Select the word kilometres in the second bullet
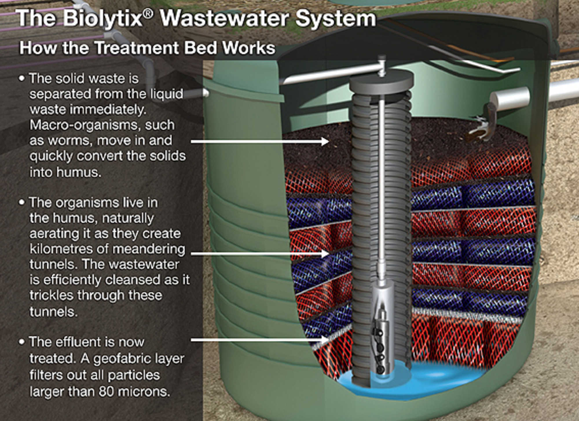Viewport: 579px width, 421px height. (x=68, y=249)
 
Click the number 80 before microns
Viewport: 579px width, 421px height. (x=107, y=392)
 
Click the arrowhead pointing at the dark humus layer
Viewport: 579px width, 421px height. (x=326, y=141)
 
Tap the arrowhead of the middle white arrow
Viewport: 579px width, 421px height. (x=326, y=254)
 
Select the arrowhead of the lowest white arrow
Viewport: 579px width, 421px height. (x=326, y=340)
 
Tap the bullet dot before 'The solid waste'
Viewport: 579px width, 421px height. (x=21, y=79)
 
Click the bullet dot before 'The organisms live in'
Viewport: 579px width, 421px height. (x=21, y=203)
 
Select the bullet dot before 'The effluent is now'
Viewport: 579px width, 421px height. (x=21, y=342)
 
